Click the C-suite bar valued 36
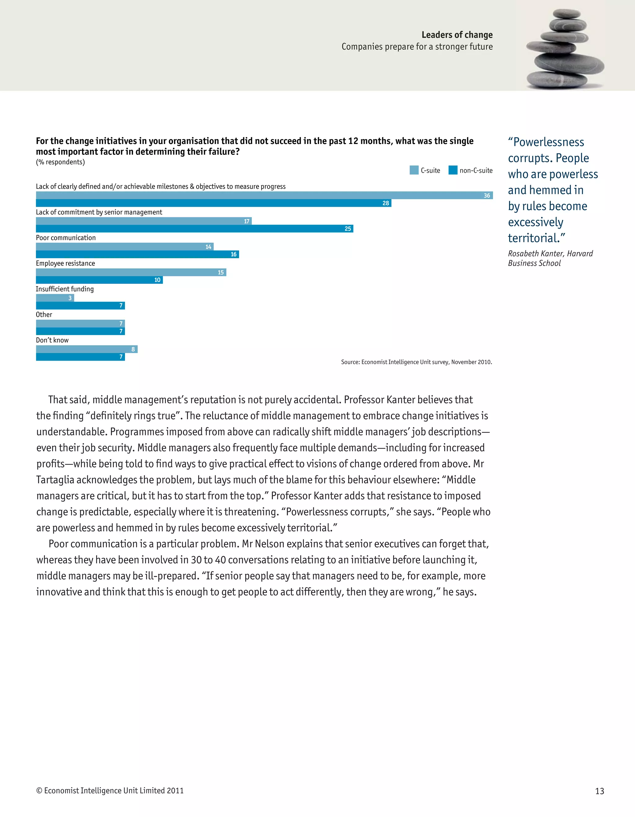point(264,195)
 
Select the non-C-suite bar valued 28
point(213,203)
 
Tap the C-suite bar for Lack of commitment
point(144,221)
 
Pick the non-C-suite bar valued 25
point(194,229)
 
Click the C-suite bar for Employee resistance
point(131,272)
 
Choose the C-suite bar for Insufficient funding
point(55,298)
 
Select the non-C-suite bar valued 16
point(137,254)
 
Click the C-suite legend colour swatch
point(414,170)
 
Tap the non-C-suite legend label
point(476,171)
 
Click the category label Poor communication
point(66,238)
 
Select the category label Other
point(44,315)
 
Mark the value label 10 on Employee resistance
point(157,280)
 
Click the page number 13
point(599,791)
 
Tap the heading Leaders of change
point(457,35)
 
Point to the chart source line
point(416,362)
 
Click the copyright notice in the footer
point(110,790)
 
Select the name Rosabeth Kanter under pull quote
point(535,254)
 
